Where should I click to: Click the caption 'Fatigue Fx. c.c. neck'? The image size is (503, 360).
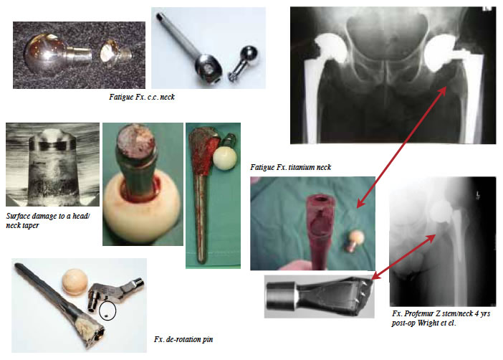(141, 97)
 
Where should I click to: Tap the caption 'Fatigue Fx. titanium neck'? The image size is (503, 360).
(290, 167)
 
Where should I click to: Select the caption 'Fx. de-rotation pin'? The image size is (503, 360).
(183, 339)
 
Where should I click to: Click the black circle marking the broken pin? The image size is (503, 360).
(107, 311)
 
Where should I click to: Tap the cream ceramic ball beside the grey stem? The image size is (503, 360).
(75, 282)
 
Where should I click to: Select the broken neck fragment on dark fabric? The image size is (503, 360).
(115, 53)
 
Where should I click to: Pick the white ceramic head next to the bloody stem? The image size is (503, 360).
(225, 158)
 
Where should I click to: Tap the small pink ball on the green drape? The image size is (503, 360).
(356, 237)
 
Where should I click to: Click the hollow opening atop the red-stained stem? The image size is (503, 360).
(321, 199)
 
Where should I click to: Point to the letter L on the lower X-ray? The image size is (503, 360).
(478, 194)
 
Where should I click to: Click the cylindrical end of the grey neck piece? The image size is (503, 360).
(280, 296)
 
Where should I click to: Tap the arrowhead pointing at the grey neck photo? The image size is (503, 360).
(375, 276)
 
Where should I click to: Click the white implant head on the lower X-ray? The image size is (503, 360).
(442, 210)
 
